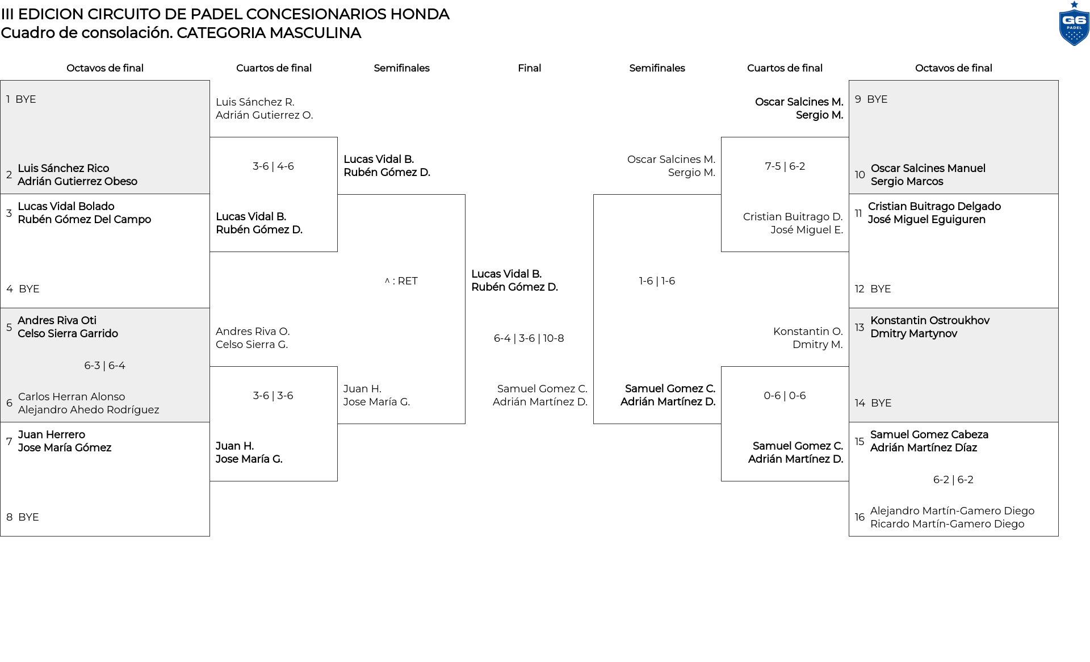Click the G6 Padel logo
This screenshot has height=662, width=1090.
(1074, 24)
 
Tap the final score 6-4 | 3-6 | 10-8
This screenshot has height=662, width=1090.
(529, 338)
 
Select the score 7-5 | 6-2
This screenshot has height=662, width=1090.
(785, 166)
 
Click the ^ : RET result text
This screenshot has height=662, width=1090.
(401, 281)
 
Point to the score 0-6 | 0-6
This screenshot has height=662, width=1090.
(785, 396)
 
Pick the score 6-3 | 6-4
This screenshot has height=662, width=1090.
(104, 366)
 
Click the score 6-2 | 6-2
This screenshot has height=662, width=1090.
(953, 480)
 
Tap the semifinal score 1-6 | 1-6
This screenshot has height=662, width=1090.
(657, 281)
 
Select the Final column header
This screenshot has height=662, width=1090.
(529, 68)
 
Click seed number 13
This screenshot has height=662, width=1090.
(860, 328)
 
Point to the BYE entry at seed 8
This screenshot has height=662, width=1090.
(28, 517)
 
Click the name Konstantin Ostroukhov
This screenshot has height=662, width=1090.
(930, 321)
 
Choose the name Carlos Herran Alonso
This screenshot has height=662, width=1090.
(72, 397)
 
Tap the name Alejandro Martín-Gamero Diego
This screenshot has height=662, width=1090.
(952, 511)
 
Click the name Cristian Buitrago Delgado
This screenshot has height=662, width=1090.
(934, 207)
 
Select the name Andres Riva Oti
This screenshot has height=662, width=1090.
(57, 321)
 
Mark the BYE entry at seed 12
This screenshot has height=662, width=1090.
(881, 289)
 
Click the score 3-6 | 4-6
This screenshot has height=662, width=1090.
(273, 166)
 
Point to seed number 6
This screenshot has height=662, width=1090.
(9, 403)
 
